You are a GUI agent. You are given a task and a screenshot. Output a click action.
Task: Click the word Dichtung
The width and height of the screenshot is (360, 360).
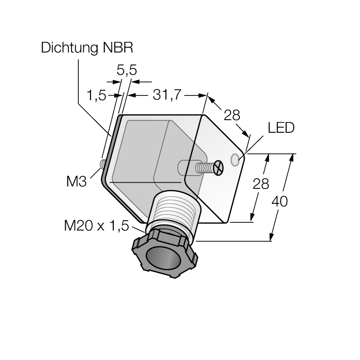tap(69, 48)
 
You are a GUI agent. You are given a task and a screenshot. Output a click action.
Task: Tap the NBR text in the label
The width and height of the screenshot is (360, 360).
tap(118, 48)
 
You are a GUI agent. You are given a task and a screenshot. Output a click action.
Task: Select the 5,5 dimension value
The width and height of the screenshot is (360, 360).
tap(127, 70)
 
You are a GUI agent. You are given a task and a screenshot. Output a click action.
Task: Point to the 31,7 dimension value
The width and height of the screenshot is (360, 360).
tap(167, 94)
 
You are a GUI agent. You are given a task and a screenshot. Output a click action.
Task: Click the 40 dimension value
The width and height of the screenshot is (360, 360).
tap(279, 201)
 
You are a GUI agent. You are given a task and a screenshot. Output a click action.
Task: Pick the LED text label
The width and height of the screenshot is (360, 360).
tap(281, 128)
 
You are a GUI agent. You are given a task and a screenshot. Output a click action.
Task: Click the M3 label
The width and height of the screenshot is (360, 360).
tap(76, 181)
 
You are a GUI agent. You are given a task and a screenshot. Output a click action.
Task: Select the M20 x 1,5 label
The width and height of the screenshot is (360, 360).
tap(96, 225)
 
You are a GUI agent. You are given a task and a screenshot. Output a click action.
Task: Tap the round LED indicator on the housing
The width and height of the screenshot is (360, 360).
tap(235, 160)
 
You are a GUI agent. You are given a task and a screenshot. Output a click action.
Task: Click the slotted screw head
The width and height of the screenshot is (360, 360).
tap(218, 168)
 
